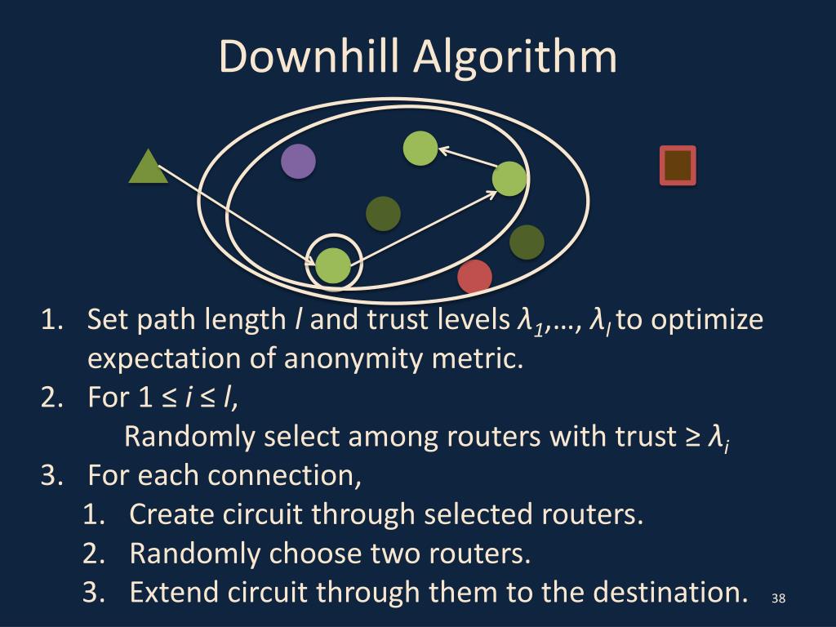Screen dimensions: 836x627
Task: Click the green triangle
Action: [148, 169]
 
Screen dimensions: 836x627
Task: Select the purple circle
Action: [298, 161]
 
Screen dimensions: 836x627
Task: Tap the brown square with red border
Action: [678, 165]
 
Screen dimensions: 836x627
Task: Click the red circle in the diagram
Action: [474, 276]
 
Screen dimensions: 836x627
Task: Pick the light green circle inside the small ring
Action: [332, 265]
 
